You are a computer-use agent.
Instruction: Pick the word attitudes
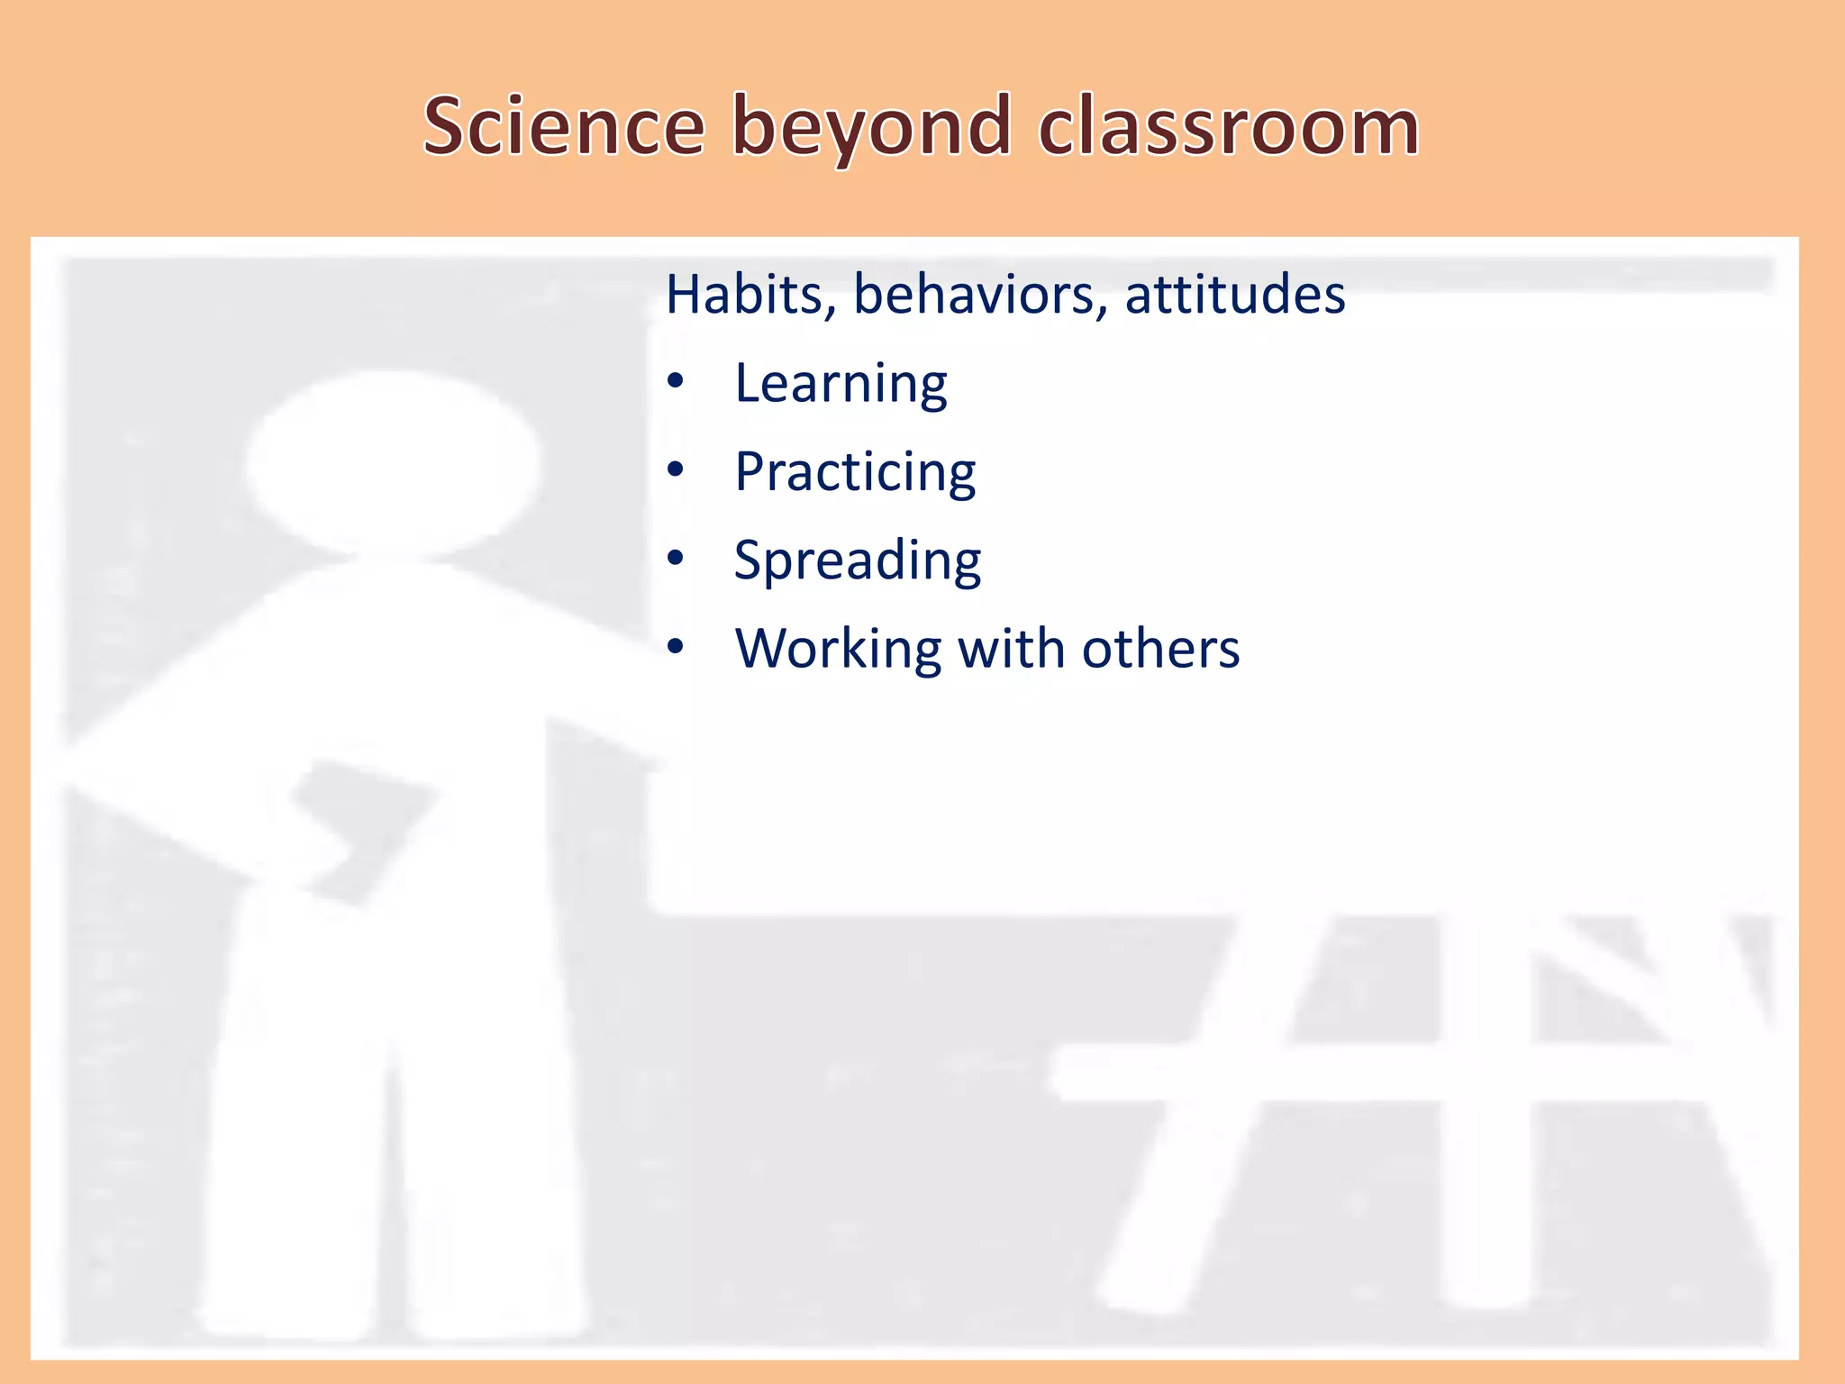pyautogui.click(x=1235, y=295)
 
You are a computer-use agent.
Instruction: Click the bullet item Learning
pyautogui.click(x=841, y=384)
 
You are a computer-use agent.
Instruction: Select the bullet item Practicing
pyautogui.click(x=855, y=472)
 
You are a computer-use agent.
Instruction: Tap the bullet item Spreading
pyautogui.click(x=858, y=560)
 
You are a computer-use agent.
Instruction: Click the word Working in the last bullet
pyautogui.click(x=838, y=649)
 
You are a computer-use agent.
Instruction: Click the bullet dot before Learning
pyautogui.click(x=676, y=382)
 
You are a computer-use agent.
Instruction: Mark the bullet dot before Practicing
pyautogui.click(x=676, y=470)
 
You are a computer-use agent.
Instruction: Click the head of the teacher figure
pyautogui.click(x=394, y=464)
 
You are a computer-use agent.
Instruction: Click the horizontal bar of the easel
pyautogui.click(x=1405, y=1072)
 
